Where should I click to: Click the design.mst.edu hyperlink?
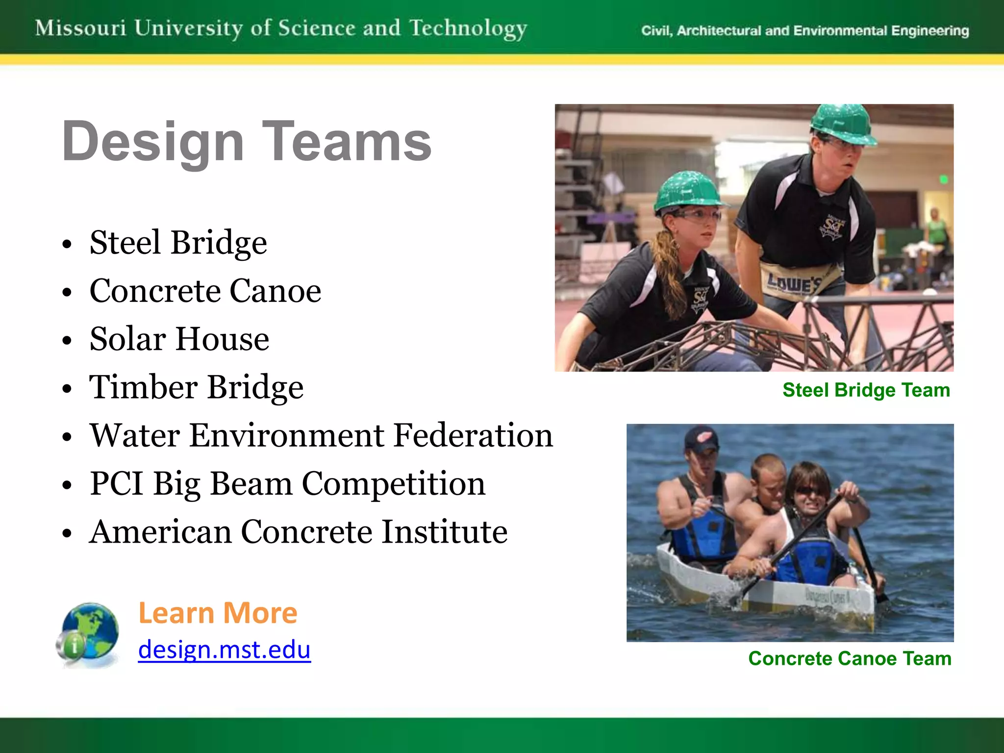(224, 650)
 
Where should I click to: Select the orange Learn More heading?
(218, 613)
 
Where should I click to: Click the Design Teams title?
(246, 142)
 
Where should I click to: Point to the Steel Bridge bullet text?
(178, 243)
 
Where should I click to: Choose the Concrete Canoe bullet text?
(205, 291)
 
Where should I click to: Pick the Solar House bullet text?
(179, 339)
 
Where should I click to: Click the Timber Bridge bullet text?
(196, 387)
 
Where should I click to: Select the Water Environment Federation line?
(321, 435)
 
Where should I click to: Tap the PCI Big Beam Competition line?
(287, 484)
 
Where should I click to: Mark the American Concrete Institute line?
(298, 532)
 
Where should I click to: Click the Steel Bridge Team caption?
(866, 390)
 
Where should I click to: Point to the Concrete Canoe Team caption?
(850, 658)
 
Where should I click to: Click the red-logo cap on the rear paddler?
(701, 438)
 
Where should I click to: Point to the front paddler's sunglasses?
(809, 491)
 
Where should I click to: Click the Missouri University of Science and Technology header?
(281, 28)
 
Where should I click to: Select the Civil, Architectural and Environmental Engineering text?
(804, 31)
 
